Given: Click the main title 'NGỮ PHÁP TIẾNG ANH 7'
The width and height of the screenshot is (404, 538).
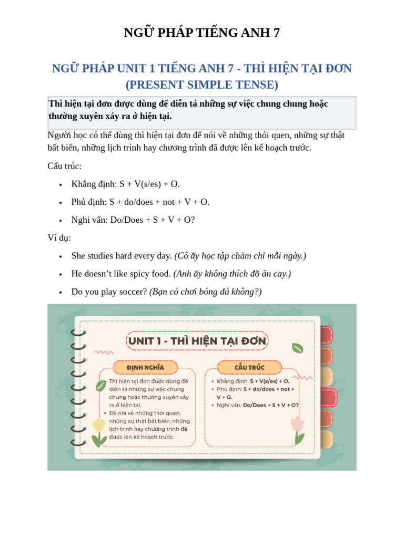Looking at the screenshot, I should click(x=201, y=33).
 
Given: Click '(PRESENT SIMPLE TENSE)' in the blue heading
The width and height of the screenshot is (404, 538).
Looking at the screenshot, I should click(x=201, y=84).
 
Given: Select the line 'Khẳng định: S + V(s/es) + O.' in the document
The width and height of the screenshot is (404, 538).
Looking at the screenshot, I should click(x=125, y=184).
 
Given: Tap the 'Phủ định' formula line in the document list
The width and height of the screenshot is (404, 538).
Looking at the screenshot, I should click(x=140, y=202).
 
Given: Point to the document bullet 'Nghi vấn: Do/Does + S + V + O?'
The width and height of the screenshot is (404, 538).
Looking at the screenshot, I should click(x=133, y=220).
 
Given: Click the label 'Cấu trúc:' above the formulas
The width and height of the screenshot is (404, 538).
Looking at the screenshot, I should click(x=64, y=166).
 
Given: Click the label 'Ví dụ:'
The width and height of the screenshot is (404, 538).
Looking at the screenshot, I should click(x=59, y=237).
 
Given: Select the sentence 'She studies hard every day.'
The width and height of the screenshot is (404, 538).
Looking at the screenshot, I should click(x=122, y=256).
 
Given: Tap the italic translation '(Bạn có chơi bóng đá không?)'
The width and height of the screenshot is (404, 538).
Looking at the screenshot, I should click(x=206, y=292).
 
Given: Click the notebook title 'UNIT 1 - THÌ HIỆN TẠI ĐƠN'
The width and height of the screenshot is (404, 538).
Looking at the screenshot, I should click(x=197, y=341).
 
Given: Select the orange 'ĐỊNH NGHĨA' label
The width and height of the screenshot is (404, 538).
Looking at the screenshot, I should click(x=145, y=366).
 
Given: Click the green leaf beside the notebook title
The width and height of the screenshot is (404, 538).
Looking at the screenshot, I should click(x=298, y=347).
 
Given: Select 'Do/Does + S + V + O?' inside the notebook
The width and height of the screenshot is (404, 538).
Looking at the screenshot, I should click(x=271, y=405).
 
